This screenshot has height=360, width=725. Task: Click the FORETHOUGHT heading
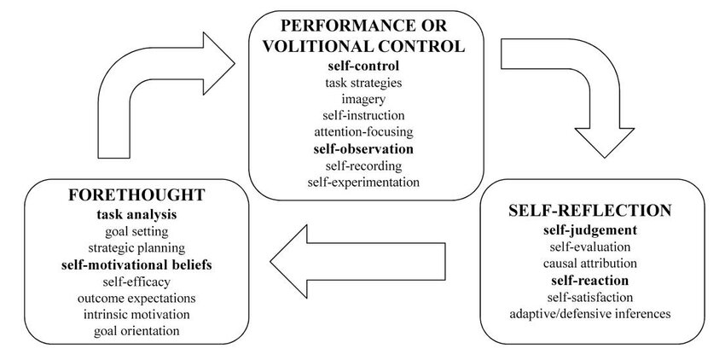(x=136, y=196)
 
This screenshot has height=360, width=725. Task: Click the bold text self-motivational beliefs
(x=136, y=265)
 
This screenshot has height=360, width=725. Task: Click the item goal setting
(x=136, y=231)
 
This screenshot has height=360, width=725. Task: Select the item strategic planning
(x=136, y=248)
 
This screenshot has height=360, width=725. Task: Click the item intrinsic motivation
(x=136, y=315)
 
